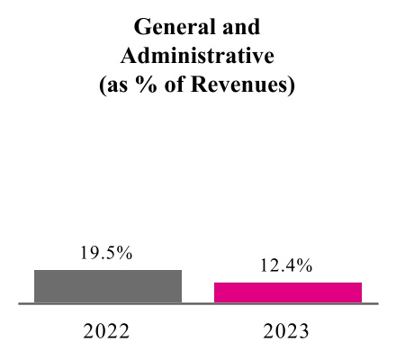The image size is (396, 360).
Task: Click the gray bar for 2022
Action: (x=108, y=286)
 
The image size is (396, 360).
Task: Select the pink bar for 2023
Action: (x=288, y=292)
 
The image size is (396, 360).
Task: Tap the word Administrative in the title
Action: (x=197, y=57)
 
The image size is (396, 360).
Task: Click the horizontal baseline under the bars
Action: (x=197, y=304)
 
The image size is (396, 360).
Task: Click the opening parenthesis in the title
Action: (x=106, y=87)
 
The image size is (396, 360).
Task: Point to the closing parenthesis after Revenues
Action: (x=292, y=87)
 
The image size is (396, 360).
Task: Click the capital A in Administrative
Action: (x=129, y=57)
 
